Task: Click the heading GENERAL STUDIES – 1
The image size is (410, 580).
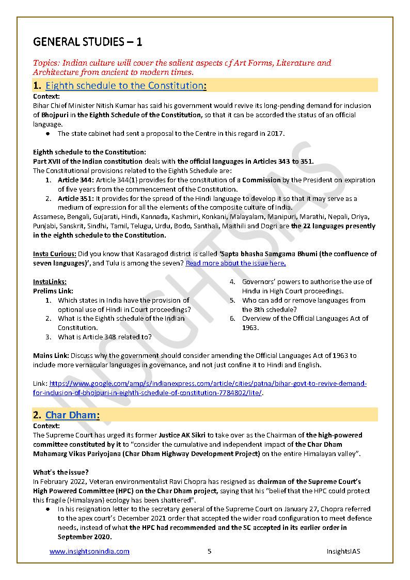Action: pyautogui.click(x=88, y=41)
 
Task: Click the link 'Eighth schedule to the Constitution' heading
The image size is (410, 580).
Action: pyautogui.click(x=124, y=86)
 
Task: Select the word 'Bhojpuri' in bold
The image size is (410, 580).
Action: pyautogui.click(x=55, y=115)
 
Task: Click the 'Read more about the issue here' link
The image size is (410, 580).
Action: pyautogui.click(x=235, y=263)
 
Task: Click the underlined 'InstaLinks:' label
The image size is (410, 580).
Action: pyautogui.click(x=50, y=281)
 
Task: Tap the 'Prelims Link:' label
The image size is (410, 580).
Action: pyautogui.click(x=53, y=291)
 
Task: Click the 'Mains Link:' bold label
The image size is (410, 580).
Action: pyautogui.click(x=51, y=355)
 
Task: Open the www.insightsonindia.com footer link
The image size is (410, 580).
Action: pyautogui.click(x=89, y=551)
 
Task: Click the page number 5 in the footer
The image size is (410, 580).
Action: pyautogui.click(x=209, y=551)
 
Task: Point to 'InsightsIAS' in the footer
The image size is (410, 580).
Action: pyautogui.click(x=343, y=551)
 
